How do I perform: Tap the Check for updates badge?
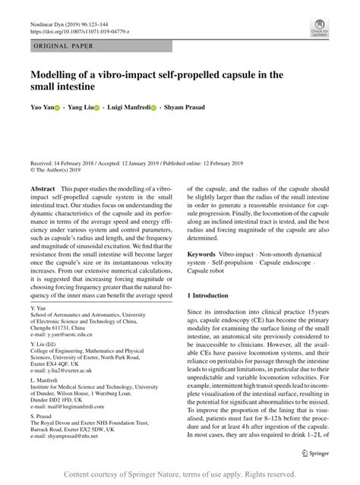(x=318, y=28)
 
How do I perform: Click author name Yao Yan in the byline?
(x=43, y=108)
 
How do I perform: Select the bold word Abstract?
(x=43, y=187)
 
